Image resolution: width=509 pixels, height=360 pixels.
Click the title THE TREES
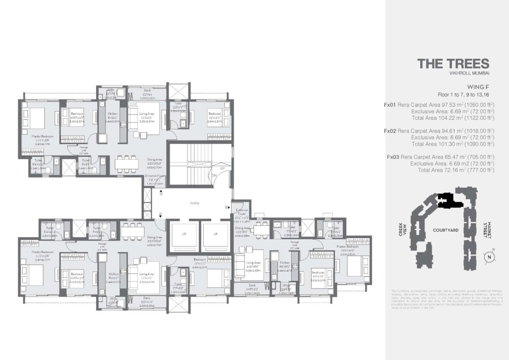point(453,64)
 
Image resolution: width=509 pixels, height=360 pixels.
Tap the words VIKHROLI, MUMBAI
point(470,74)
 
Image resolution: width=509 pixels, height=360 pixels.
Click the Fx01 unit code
point(389,105)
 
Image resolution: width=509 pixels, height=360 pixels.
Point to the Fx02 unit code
point(389,131)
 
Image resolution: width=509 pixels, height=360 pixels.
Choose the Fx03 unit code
point(392,157)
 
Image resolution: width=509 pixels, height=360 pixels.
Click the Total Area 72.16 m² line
point(456,170)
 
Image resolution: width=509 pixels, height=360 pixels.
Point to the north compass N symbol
point(490,257)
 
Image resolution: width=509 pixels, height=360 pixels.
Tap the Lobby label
point(194,203)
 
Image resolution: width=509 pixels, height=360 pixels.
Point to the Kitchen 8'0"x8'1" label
point(284,265)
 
